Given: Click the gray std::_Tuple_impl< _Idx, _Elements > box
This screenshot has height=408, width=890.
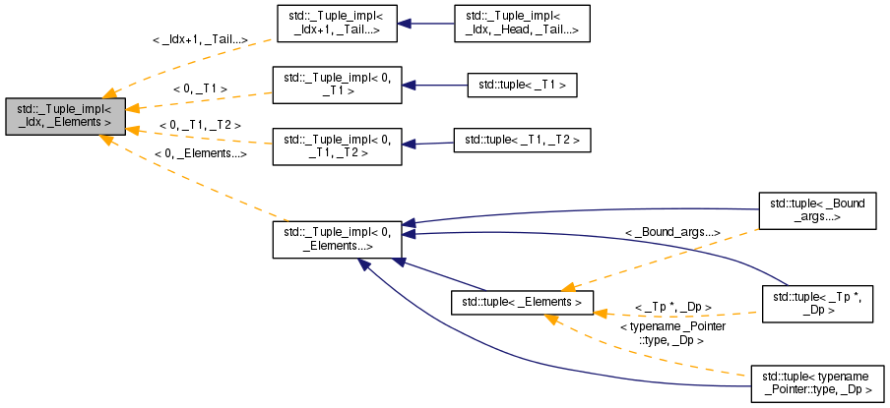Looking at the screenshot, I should click(x=65, y=116).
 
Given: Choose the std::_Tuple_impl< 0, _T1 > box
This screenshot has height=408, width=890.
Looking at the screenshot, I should click(x=334, y=85).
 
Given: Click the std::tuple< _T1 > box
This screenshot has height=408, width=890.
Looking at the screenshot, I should click(x=521, y=86).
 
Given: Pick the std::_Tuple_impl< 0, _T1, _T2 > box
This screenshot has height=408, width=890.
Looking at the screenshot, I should click(x=334, y=144).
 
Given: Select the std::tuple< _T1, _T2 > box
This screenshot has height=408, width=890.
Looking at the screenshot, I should click(x=521, y=142).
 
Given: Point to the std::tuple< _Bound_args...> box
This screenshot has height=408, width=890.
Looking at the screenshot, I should click(x=817, y=210).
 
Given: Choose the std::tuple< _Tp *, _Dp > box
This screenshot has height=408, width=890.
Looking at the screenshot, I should click(x=817, y=302).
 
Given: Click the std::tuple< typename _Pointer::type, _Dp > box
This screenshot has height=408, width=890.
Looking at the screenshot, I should click(x=816, y=383).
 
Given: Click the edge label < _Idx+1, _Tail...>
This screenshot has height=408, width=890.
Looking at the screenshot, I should click(x=199, y=40).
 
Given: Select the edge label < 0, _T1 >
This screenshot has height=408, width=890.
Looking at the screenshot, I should click(x=200, y=89).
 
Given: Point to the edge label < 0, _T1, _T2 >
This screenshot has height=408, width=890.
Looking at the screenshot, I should click(x=200, y=126).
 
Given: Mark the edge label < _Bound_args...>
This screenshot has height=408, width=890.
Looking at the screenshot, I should click(x=672, y=232).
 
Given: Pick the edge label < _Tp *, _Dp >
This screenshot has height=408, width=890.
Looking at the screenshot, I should click(x=673, y=307).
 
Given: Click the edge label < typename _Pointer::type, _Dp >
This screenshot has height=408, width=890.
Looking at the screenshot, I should click(x=672, y=332).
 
